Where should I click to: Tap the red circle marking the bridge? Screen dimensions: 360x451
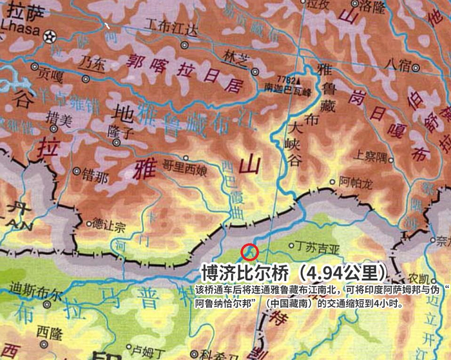(x=249, y=252)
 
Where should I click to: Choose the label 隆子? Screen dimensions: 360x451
(x=124, y=132)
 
